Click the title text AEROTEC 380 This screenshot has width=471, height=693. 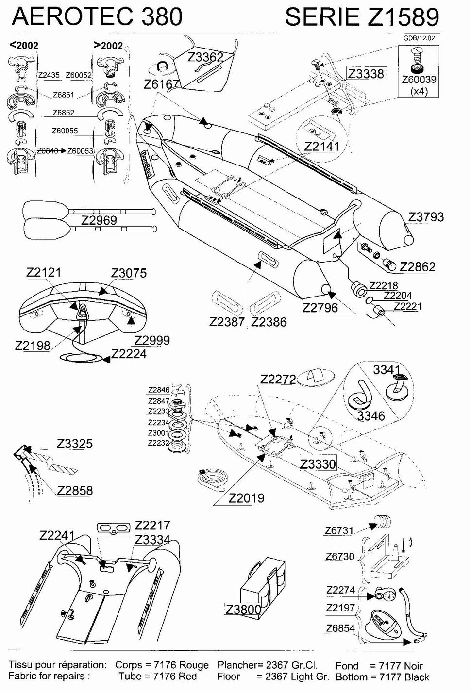tap(97, 16)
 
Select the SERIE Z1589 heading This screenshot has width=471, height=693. tap(362, 17)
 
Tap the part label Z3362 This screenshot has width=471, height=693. tap(205, 57)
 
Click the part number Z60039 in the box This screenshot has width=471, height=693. tap(419, 80)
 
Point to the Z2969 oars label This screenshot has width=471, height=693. tap(99, 220)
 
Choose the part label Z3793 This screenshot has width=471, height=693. tap(426, 217)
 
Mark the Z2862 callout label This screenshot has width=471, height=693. tap(417, 266)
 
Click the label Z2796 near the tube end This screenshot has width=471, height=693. tap(320, 308)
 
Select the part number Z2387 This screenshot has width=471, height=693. tap(227, 322)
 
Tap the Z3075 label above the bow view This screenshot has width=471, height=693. tap(129, 273)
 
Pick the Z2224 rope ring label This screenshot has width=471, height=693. tap(129, 354)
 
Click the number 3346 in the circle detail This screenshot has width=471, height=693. tap(371, 415)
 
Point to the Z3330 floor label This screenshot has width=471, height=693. tap(318, 464)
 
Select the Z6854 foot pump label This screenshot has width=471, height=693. tap(340, 628)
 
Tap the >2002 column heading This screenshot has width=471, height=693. tap(108, 45)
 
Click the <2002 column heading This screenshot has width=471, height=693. tap(24, 45)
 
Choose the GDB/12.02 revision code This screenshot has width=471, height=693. tap(419, 38)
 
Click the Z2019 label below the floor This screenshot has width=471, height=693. tap(246, 498)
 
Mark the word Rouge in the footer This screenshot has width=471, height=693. tap(194, 665)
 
